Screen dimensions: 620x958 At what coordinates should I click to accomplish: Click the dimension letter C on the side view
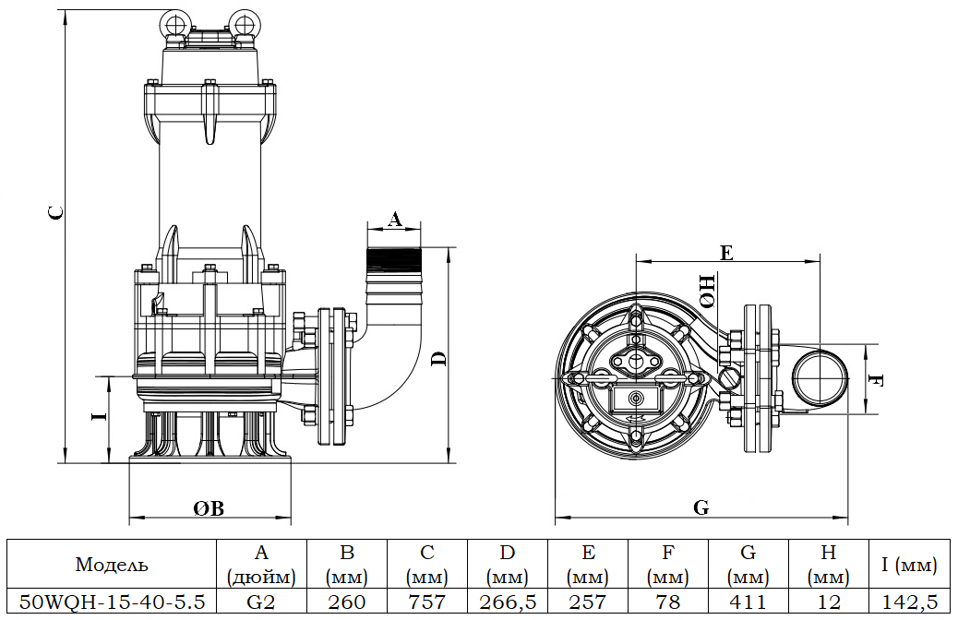pyautogui.click(x=56, y=212)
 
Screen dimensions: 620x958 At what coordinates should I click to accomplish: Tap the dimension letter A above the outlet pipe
pyautogui.click(x=394, y=219)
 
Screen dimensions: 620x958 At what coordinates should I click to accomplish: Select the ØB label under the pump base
pyautogui.click(x=209, y=508)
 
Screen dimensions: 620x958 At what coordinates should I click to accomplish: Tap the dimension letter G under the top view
pyautogui.click(x=701, y=507)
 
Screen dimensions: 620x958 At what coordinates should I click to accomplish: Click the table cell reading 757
pyautogui.click(x=427, y=602)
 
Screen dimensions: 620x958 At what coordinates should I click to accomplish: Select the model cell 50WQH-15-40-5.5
pyautogui.click(x=112, y=602)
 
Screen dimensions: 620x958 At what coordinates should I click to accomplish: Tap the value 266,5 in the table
pyautogui.click(x=508, y=602)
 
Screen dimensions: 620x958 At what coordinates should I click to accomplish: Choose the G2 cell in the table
pyautogui.click(x=261, y=602)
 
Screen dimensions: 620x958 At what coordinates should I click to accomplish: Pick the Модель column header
pyautogui.click(x=112, y=565)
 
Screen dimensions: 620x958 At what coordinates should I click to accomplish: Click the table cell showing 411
pyautogui.click(x=748, y=602)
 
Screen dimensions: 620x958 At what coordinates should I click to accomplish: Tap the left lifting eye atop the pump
pyautogui.click(x=173, y=22)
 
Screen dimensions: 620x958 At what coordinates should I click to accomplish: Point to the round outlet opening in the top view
pyautogui.click(x=820, y=378)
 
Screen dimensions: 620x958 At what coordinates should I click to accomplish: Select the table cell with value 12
pyautogui.click(x=828, y=602)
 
